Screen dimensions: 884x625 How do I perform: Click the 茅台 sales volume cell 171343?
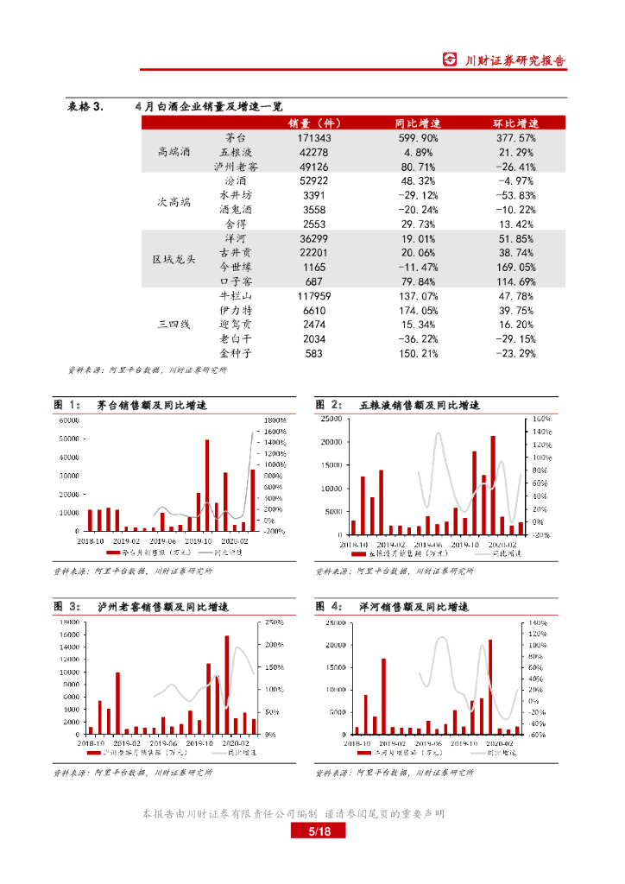pyautogui.click(x=313, y=138)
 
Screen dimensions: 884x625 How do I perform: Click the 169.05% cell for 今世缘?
pyautogui.click(x=516, y=268)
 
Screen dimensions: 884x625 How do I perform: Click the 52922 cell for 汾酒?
pyautogui.click(x=313, y=181)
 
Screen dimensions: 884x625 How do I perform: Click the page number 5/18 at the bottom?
pyautogui.click(x=312, y=831)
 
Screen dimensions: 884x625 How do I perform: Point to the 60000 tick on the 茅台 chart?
pyautogui.click(x=67, y=420)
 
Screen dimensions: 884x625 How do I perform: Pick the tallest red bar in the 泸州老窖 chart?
pyautogui.click(x=227, y=684)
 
